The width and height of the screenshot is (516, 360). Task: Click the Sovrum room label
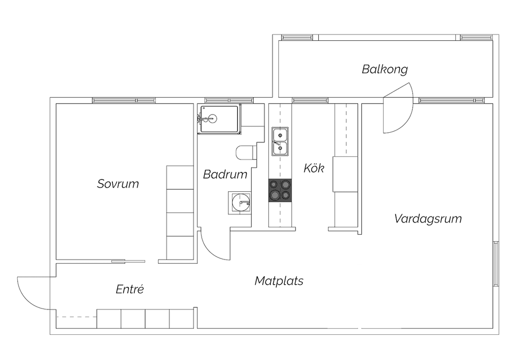[118, 184]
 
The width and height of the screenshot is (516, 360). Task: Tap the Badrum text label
[225, 174]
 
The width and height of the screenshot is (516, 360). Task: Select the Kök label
[314, 168]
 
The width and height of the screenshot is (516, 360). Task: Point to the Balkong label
[384, 69]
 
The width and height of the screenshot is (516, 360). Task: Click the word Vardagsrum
[428, 219]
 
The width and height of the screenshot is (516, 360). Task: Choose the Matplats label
[279, 280]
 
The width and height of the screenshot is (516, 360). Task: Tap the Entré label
[130, 289]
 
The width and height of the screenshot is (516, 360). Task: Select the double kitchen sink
[279, 141]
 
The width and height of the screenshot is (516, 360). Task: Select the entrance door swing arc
[31, 293]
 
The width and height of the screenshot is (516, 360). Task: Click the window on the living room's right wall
[496, 264]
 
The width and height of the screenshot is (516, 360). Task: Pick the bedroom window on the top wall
[124, 100]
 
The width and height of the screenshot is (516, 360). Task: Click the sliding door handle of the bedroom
[118, 262]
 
